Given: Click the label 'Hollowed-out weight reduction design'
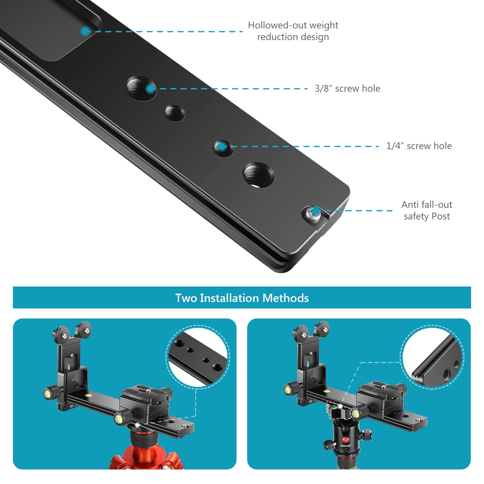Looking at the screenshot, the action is click(293, 31).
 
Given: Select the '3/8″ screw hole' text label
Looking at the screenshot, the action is click(348, 88).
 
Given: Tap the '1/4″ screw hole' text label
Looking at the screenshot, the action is click(419, 146).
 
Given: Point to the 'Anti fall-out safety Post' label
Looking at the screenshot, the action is click(427, 210).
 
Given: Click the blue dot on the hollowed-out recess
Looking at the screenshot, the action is click(85, 31).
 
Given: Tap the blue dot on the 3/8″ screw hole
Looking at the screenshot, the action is click(150, 89).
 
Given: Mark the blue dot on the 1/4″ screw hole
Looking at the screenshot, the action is click(221, 146).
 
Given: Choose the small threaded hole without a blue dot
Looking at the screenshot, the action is click(175, 113).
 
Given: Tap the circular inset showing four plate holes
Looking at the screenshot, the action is click(198, 357).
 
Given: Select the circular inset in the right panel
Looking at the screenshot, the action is click(432, 357).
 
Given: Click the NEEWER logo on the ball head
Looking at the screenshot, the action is click(346, 446).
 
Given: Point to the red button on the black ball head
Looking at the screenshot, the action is click(346, 439).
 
